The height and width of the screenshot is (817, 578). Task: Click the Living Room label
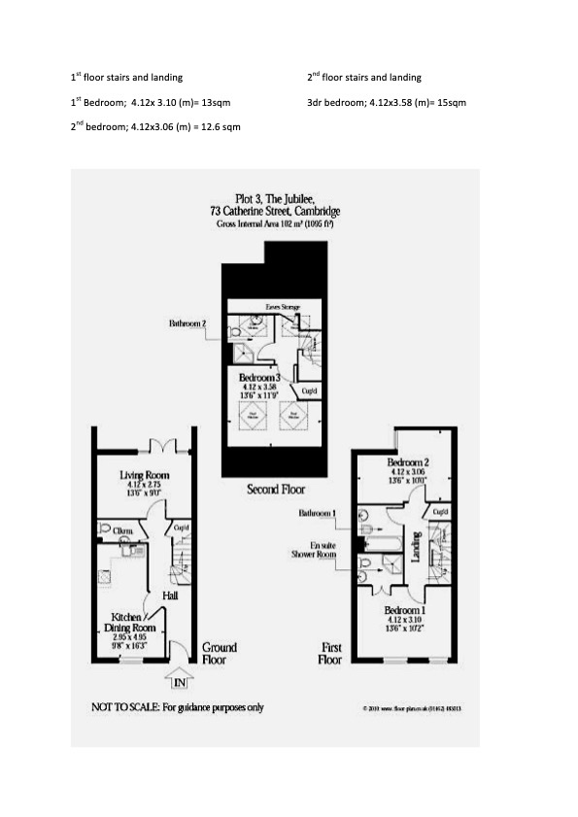coord(145,475)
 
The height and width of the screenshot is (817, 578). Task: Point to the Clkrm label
coord(123,530)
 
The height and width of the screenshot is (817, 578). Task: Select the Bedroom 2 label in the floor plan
coord(407,462)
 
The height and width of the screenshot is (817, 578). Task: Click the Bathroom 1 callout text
coord(318,512)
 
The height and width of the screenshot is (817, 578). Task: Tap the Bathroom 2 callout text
coord(187,323)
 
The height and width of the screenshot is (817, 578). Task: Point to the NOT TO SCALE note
coord(177,707)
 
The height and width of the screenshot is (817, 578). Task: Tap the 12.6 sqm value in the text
coord(220,126)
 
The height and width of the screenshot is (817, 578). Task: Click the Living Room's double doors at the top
coord(161,448)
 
